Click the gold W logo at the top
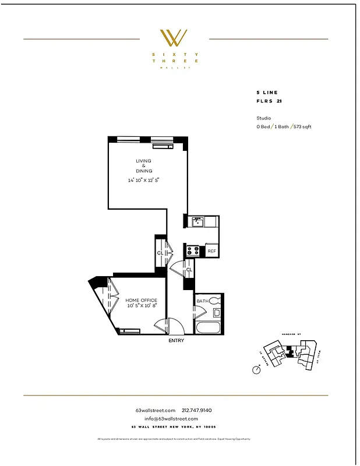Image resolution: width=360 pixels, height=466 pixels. click(x=174, y=38)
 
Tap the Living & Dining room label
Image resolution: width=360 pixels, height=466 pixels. click(x=144, y=165)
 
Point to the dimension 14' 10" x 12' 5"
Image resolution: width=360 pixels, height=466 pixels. click(x=144, y=180)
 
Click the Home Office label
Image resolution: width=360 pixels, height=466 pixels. click(x=143, y=300)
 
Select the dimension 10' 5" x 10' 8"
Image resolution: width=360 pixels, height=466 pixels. click(x=143, y=306)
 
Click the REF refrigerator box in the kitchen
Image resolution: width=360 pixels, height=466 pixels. click(x=211, y=252)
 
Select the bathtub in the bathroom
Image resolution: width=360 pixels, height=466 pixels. click(x=209, y=326)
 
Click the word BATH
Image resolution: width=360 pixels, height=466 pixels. click(x=202, y=301)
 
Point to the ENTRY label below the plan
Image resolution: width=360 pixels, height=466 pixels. click(x=176, y=341)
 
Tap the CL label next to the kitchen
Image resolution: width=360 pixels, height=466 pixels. click(x=189, y=270)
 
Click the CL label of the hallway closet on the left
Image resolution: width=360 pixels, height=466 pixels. click(x=160, y=253)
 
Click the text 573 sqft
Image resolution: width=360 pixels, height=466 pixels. click(x=302, y=126)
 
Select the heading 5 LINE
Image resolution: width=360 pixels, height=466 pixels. click(x=267, y=93)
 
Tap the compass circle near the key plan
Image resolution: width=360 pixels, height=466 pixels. click(x=256, y=369)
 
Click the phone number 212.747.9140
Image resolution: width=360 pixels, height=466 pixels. click(x=201, y=410)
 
